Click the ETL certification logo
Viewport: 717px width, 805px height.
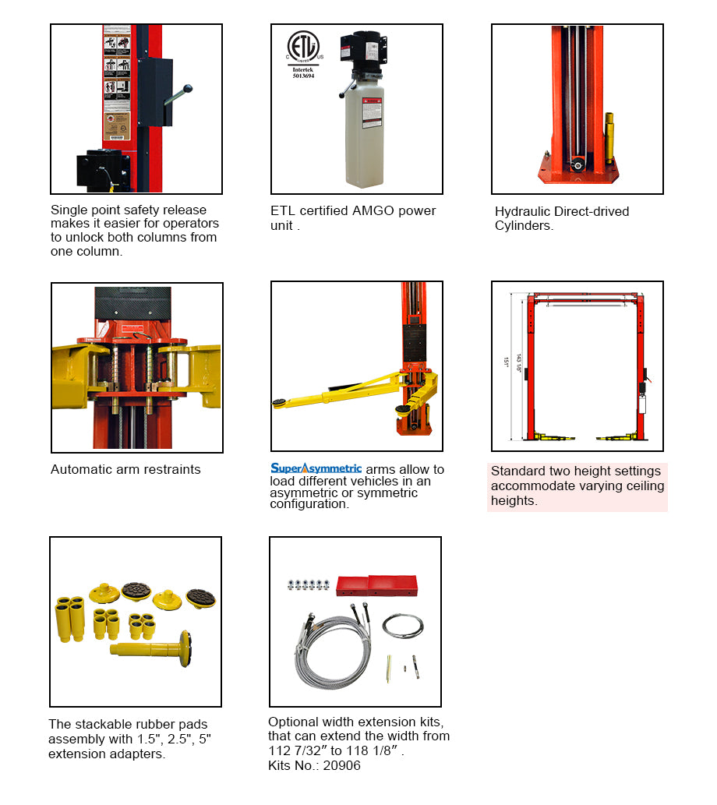303,47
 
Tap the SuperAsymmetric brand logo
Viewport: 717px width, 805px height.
316,468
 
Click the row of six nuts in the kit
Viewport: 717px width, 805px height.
308,584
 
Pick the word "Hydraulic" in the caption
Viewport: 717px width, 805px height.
521,211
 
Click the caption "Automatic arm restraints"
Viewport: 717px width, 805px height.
125,469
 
